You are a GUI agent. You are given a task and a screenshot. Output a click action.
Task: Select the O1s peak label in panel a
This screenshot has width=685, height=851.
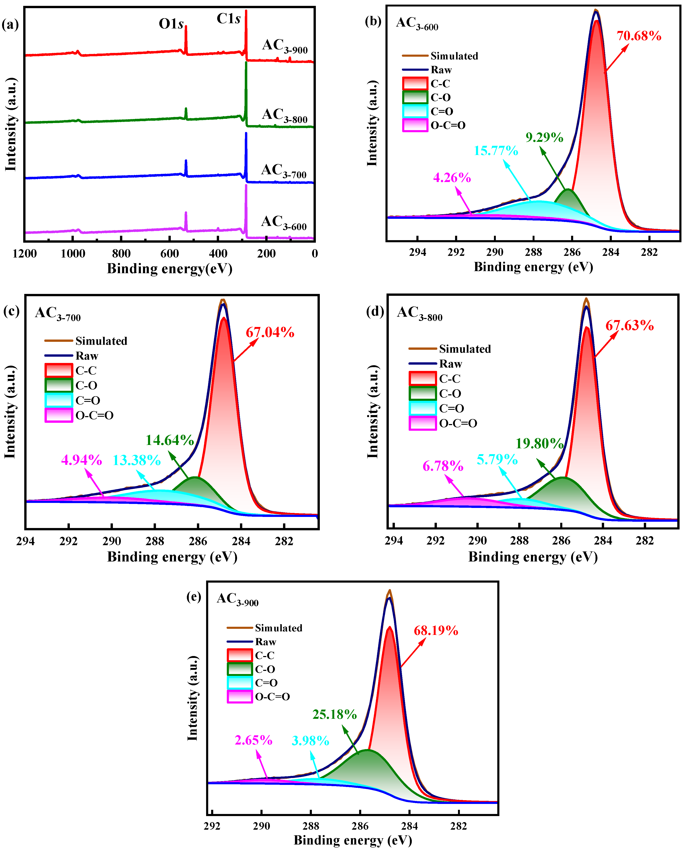point(171,24)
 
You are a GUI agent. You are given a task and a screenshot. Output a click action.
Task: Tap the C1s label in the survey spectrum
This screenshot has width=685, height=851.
point(228,19)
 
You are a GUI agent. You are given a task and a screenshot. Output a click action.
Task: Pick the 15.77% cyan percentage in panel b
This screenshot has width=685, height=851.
point(496,150)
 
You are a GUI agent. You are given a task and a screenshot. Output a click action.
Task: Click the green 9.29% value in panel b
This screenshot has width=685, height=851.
point(544,137)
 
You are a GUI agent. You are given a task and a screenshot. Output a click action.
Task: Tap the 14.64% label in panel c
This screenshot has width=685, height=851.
point(170,440)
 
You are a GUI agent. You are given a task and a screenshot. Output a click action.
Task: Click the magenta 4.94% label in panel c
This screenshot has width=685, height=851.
point(81,460)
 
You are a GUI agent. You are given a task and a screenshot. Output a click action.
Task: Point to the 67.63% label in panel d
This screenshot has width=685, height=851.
point(629,325)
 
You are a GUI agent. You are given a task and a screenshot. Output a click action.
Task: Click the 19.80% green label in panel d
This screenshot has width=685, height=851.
point(539,443)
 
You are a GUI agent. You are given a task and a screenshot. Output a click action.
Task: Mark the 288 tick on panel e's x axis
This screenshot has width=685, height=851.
point(311,826)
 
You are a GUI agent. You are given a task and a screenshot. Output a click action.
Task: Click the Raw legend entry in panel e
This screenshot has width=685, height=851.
point(265,642)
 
